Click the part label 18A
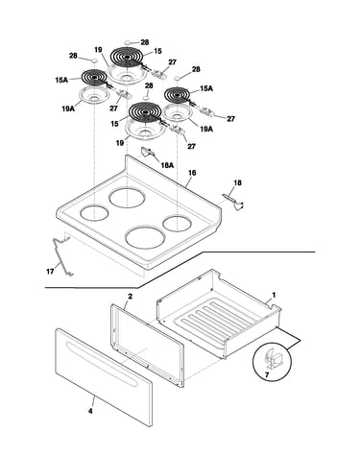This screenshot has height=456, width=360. pyautogui.click(x=167, y=165)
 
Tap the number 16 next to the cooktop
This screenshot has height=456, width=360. pyautogui.click(x=192, y=173)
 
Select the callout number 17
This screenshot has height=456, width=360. pyautogui.click(x=50, y=272)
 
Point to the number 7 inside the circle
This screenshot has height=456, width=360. pyautogui.click(x=267, y=373)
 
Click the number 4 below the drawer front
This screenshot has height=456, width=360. pyautogui.click(x=90, y=411)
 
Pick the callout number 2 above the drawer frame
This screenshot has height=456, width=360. pyautogui.click(x=130, y=297)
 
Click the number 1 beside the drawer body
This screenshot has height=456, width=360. pyautogui.click(x=274, y=295)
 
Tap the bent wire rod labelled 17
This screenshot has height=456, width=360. pyautogui.click(x=63, y=256)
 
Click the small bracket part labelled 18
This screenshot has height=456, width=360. pyautogui.click(x=233, y=202)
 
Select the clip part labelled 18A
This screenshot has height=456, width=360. pyautogui.click(x=147, y=152)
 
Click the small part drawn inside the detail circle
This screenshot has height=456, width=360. pyautogui.click(x=273, y=359)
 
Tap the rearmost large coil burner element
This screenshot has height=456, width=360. pyautogui.click(x=128, y=58)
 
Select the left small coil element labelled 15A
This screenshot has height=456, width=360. pyautogui.click(x=94, y=78)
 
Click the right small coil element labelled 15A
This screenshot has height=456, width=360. pyautogui.click(x=177, y=95)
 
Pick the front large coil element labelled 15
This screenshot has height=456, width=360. pyautogui.click(x=145, y=112)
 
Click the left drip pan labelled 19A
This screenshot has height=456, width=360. pyautogui.click(x=94, y=96)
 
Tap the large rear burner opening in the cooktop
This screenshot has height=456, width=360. pyautogui.click(x=127, y=198)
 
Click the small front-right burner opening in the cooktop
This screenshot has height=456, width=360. pyautogui.click(x=177, y=224)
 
